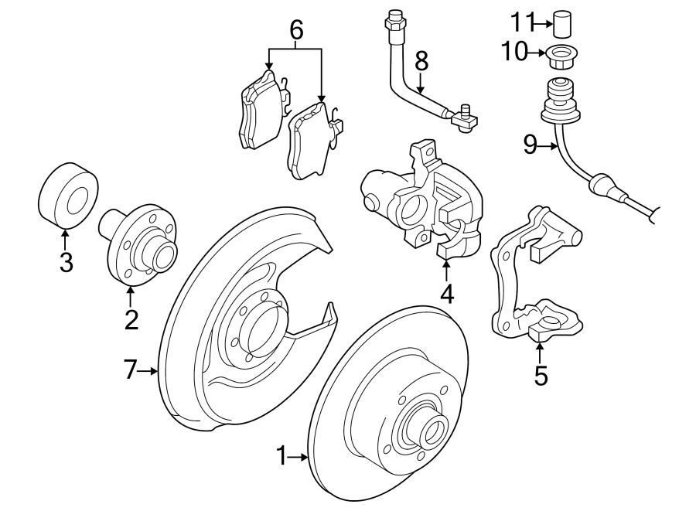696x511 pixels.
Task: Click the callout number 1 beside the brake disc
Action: pyautogui.click(x=281, y=457)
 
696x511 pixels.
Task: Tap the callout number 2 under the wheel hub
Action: pyautogui.click(x=131, y=319)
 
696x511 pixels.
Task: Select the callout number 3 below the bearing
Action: pyautogui.click(x=66, y=263)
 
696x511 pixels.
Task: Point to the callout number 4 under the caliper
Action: pyautogui.click(x=447, y=294)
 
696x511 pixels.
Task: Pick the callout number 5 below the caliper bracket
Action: pyautogui.click(x=541, y=376)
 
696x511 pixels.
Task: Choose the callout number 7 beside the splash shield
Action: pyautogui.click(x=131, y=370)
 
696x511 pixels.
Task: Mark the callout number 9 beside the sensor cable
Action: pyautogui.click(x=530, y=145)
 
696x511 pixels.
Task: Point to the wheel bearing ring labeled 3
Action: pyautogui.click(x=68, y=192)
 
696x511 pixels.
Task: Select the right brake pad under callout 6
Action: pyautogui.click(x=312, y=141)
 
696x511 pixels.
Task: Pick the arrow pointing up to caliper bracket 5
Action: pyautogui.click(x=540, y=352)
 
